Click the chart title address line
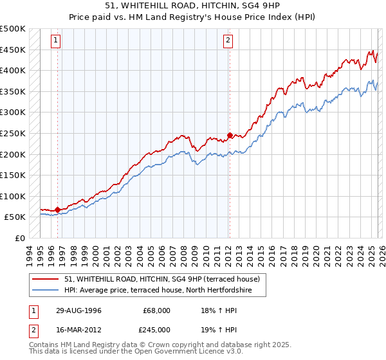click(x=192, y=6)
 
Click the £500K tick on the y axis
click(x=13, y=29)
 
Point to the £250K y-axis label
click(x=13, y=133)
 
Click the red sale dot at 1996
click(x=58, y=210)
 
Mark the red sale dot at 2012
click(x=229, y=136)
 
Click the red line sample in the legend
click(x=47, y=279)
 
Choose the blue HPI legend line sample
click(x=47, y=291)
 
